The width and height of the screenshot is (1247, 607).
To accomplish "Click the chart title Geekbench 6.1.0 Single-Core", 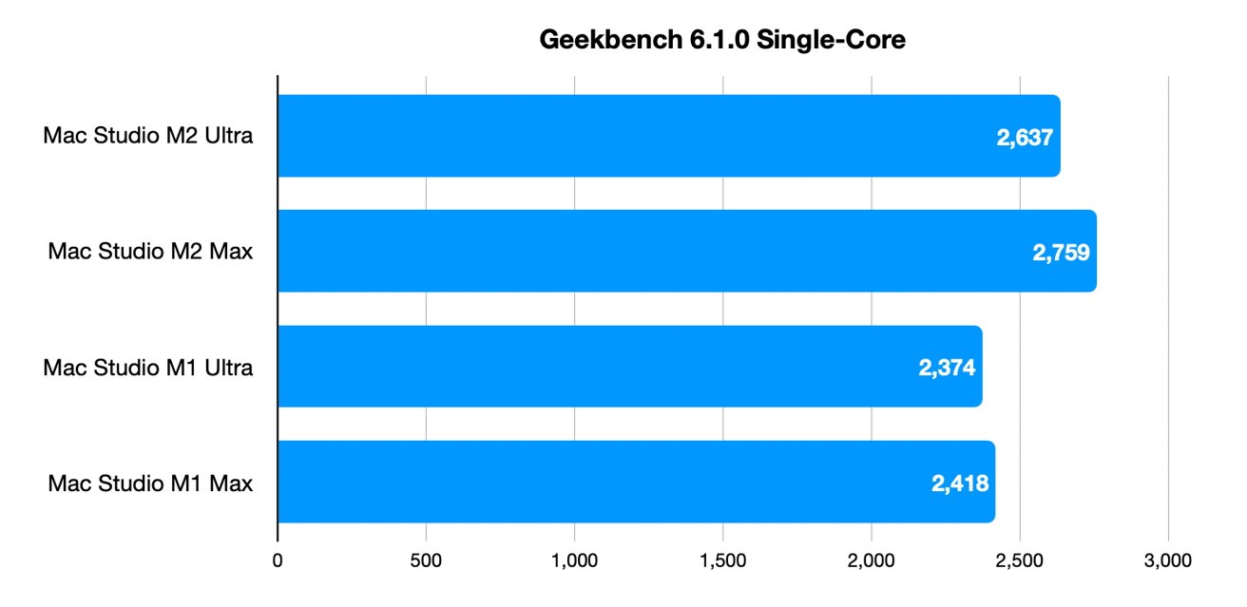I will click(x=721, y=39).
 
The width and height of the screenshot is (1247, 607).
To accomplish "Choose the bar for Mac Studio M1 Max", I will click(x=636, y=482).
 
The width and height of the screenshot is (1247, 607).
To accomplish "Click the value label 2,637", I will click(x=1025, y=138).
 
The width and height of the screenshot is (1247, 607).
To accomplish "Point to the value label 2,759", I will click(x=1061, y=253).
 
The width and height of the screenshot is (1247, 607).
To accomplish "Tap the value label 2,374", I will click(x=947, y=368).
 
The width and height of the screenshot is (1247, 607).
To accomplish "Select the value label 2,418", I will click(x=960, y=484).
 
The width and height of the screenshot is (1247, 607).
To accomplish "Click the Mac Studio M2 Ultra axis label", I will click(x=147, y=136).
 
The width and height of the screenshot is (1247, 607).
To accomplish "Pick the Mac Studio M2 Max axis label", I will click(x=150, y=252).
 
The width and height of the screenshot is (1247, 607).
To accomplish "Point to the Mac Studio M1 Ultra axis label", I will click(x=147, y=368).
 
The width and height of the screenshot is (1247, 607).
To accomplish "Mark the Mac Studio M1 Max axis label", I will click(x=150, y=484).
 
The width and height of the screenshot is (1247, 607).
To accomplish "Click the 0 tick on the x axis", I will click(x=278, y=560).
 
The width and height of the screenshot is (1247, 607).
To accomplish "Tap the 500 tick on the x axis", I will click(x=426, y=560).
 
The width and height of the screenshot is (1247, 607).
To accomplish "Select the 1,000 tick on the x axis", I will click(x=574, y=560).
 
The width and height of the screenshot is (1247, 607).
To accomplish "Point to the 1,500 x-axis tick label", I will click(x=723, y=560).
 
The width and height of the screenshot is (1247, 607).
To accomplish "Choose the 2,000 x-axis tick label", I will click(x=872, y=560).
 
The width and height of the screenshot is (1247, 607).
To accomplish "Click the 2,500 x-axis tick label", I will click(x=1020, y=560).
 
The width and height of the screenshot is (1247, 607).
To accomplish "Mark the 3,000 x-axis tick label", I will click(x=1168, y=560).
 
